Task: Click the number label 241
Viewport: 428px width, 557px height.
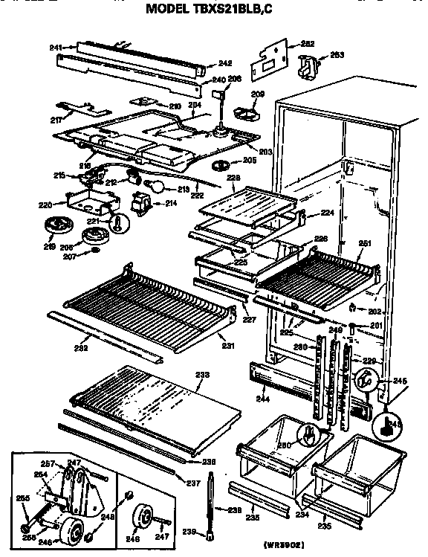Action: pos(56,48)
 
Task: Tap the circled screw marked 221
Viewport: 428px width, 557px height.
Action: pos(118,222)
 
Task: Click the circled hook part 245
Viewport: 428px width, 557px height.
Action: pos(364,380)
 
